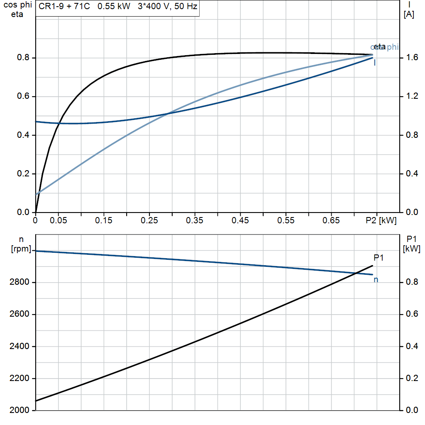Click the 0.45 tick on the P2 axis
coord(240,221)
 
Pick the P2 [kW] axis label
coord(381,221)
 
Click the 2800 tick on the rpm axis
coord(20,283)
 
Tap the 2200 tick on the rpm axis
coord(20,379)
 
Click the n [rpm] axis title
coord(21,244)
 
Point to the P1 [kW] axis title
coord(412,244)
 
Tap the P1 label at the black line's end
coord(379,258)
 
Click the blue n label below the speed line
coord(376,280)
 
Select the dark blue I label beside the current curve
coord(375,63)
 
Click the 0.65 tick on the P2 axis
coord(331,221)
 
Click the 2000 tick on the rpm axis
coord(20,410)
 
